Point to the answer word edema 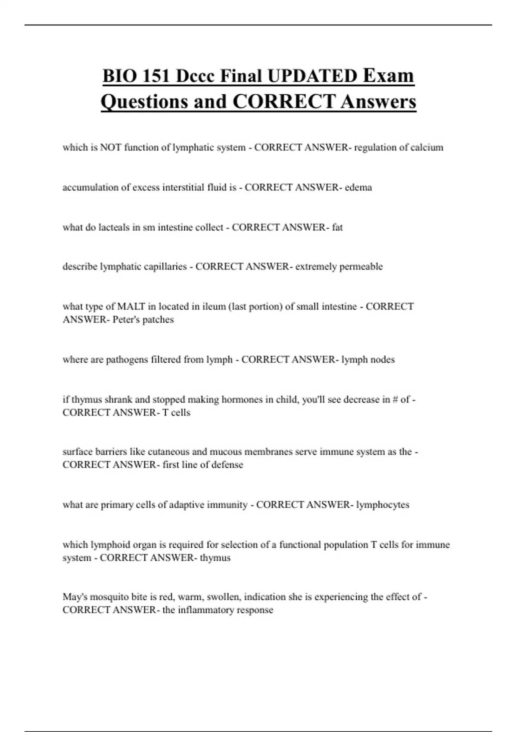[358, 187]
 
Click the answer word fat [337, 227]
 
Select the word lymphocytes [383, 505]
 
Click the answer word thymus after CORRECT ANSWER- [215, 558]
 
